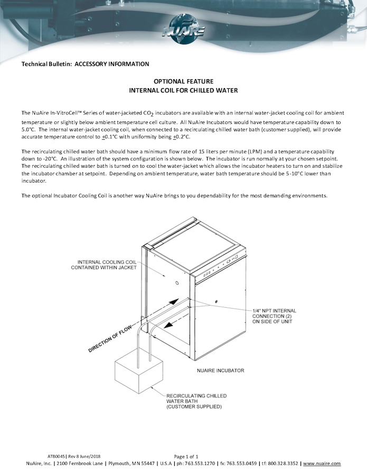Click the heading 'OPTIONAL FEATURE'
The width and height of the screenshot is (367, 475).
tap(183, 81)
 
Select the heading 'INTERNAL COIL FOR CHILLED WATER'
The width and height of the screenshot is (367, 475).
tap(183, 90)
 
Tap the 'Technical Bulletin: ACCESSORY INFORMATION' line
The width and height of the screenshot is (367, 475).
tap(85, 64)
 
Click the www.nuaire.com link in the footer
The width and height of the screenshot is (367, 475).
tap(322, 463)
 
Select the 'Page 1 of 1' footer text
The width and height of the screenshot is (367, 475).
tap(186, 456)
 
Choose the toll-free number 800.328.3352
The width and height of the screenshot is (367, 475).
tap(281, 463)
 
